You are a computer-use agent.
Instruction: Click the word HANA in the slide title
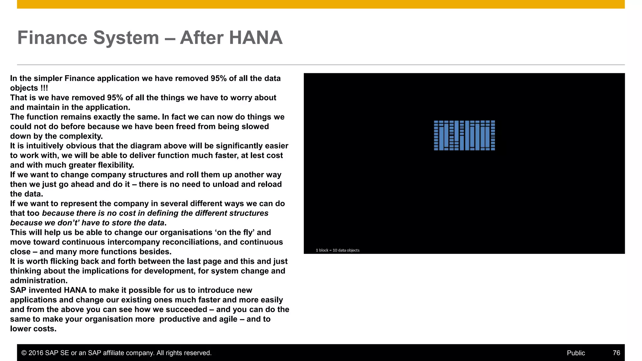255,38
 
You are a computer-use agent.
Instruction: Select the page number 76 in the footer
616,353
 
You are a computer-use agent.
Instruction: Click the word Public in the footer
576,353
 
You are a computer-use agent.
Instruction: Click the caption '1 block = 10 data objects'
338,250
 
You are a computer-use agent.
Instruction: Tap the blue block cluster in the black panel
464,135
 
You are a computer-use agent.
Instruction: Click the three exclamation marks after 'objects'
44,88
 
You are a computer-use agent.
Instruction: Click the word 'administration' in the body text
38,280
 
